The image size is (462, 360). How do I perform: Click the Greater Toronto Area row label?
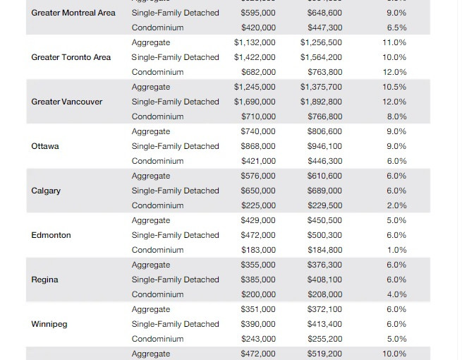[x=71, y=57]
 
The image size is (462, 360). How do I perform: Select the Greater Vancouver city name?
[x=66, y=102]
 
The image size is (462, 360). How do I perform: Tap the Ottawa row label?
[x=45, y=146]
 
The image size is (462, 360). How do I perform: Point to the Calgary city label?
[x=46, y=191]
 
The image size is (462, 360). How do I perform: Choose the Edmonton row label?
[x=51, y=235]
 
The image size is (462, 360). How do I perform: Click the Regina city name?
[x=44, y=280]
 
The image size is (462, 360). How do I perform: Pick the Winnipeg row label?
[x=49, y=324]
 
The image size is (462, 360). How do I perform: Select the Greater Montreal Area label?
[x=73, y=13]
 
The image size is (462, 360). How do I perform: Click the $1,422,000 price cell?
[x=255, y=57]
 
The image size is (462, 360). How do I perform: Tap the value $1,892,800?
[x=321, y=102]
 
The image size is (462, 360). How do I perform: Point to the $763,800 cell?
[x=324, y=72]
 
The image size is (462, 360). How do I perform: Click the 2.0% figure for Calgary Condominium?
[x=396, y=205]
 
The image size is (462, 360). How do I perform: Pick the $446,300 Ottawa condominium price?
[x=324, y=161]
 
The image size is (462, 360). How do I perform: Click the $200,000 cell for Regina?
[x=258, y=294]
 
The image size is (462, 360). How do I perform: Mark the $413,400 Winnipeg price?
[x=324, y=324]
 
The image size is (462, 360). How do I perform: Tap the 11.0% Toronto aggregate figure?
[x=394, y=42]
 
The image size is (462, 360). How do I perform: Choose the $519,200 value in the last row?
[x=324, y=354]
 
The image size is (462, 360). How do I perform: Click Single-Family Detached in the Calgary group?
[x=175, y=191]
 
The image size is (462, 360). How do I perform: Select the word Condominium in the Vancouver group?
[x=157, y=116]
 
